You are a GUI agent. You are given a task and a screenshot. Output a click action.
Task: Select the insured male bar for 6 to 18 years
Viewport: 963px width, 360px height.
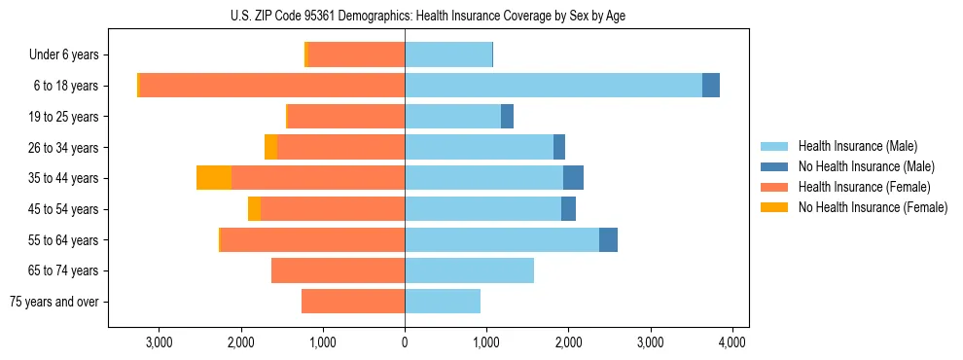click(x=553, y=86)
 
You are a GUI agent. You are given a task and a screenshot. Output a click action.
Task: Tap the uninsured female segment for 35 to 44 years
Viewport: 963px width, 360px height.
click(x=214, y=178)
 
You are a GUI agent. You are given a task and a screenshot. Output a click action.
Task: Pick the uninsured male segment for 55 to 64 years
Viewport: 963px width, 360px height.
click(x=608, y=239)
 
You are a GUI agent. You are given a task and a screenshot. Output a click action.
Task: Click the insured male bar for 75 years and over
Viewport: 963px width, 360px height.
click(x=443, y=302)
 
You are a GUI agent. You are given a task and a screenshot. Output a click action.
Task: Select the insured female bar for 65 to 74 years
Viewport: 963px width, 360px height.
click(x=338, y=270)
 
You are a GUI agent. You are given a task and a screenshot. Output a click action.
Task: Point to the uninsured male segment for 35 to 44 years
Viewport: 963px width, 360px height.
click(x=573, y=178)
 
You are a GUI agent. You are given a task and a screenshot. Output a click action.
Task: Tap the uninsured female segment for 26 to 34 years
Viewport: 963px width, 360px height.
click(x=270, y=147)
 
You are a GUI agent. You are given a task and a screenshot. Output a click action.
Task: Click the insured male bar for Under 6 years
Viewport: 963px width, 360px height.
click(x=448, y=54)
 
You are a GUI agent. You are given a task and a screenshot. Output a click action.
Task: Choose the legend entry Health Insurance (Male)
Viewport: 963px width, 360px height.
click(x=857, y=146)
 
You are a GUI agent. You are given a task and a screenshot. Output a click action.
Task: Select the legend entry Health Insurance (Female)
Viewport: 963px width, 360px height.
click(x=863, y=187)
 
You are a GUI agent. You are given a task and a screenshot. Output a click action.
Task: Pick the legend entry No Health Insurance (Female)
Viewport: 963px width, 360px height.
click(x=872, y=207)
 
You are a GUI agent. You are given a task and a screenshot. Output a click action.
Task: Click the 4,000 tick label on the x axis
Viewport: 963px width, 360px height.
click(x=731, y=342)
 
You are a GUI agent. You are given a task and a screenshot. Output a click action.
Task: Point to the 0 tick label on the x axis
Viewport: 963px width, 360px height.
click(x=405, y=342)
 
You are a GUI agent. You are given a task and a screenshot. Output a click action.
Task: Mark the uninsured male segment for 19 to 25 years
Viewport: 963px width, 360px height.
click(x=507, y=117)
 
